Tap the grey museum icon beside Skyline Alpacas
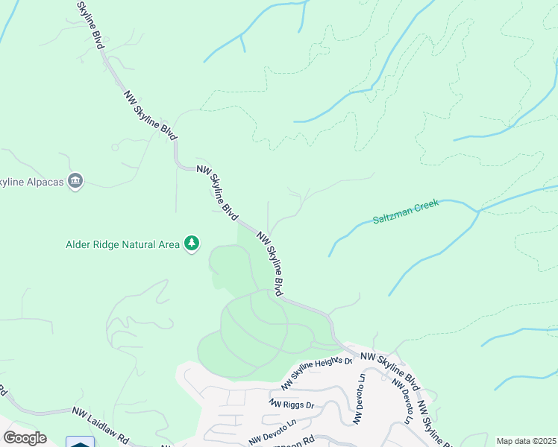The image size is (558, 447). click(x=75, y=181)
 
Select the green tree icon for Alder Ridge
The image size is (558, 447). click(x=192, y=244)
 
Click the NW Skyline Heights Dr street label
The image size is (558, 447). click(x=316, y=374)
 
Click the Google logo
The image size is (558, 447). click(x=24, y=438)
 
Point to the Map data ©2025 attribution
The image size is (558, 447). click(x=525, y=441)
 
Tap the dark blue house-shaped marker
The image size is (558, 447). click(x=81, y=443)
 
